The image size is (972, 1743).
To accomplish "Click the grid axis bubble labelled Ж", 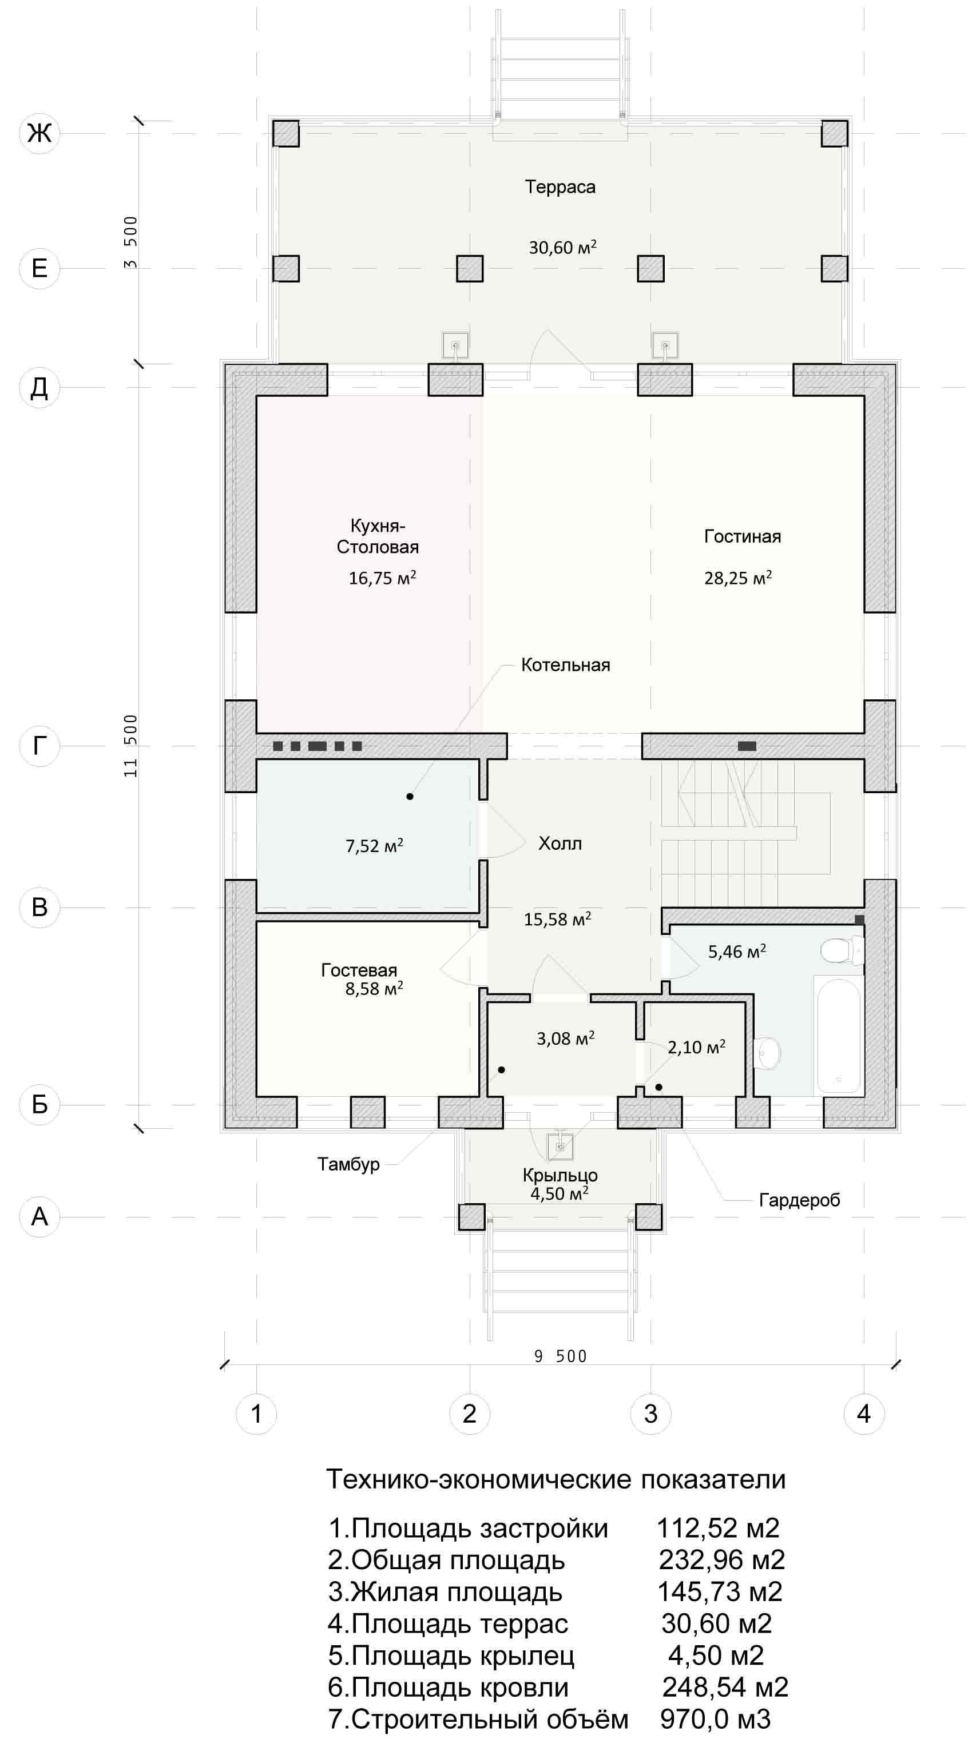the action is [39, 133].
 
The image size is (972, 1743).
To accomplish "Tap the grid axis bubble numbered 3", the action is [650, 1414].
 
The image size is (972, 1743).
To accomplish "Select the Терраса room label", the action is [561, 188].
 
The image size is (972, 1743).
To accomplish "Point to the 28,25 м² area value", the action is [738, 578].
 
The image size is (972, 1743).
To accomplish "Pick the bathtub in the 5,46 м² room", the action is [839, 1035].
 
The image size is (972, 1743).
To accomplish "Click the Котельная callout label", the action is [566, 665].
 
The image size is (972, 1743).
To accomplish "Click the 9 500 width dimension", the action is [561, 1356].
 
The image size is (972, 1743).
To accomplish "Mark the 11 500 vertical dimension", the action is [130, 746].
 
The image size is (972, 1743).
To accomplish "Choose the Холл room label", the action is [560, 843].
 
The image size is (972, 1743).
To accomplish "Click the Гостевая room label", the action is [359, 970].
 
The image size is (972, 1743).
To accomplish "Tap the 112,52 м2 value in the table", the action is [718, 1529].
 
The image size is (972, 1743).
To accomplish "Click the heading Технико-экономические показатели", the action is [556, 1480].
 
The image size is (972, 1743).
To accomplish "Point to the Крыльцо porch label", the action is [560, 1175].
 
